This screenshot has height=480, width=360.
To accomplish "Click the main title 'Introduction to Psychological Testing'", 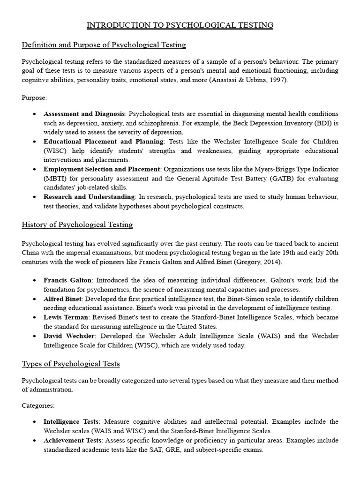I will coord(180,25).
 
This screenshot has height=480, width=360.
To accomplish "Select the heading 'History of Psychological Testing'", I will coord(77,225).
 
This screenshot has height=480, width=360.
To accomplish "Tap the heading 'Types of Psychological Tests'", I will coord(71,364).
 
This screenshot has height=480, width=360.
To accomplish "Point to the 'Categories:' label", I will coord(38,405).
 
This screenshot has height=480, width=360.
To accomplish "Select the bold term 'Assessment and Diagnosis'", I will coord(84,114).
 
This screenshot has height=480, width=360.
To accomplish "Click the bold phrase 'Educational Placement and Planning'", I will coord(104,141).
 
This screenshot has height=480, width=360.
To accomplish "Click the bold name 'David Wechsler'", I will coord(69,336).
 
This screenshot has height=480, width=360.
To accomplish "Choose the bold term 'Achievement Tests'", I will coord(73,441).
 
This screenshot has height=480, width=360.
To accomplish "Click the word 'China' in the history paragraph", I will coord(32,253).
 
